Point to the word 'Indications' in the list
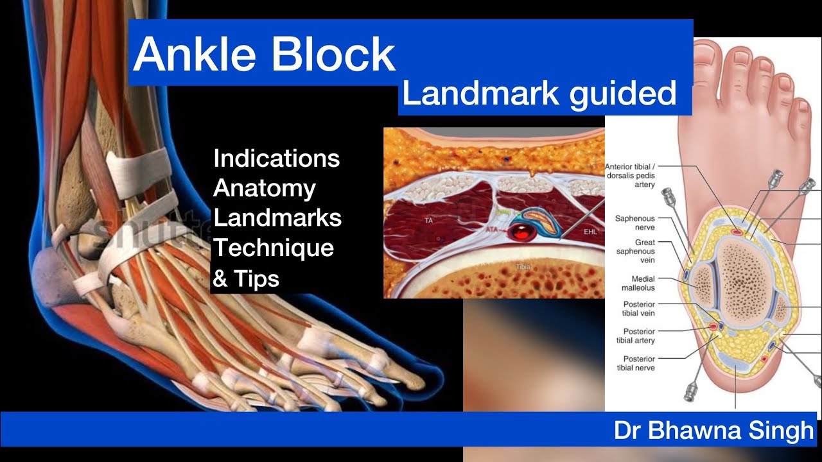point(276,158)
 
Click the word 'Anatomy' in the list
point(265,188)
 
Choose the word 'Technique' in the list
point(274,248)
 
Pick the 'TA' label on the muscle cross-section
point(428,221)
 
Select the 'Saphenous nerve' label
point(634,223)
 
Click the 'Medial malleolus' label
point(634,284)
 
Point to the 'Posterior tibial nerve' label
point(634,363)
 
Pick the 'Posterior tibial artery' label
point(634,336)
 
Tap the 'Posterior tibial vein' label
point(634,309)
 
